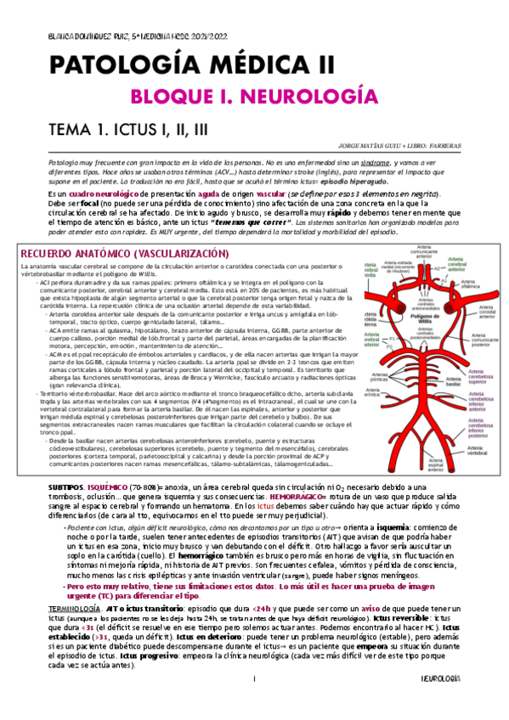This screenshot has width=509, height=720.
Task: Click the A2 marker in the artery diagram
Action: pos(438,268)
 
